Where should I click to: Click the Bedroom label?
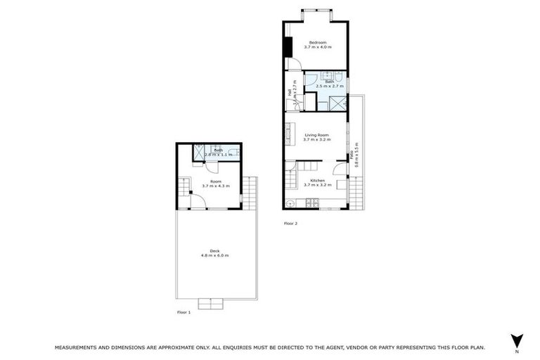[318, 42]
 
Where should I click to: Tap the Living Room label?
[316, 135]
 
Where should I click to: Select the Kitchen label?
[316, 181]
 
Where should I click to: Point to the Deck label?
[214, 250]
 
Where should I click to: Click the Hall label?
[289, 92]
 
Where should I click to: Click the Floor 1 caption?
[184, 311]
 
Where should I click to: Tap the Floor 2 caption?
[290, 223]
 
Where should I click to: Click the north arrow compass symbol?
[517, 339]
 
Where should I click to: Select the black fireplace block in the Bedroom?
[288, 47]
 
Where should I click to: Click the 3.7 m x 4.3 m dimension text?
[214, 186]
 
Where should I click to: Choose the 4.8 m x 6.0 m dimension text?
[214, 255]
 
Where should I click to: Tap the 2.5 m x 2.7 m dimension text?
[330, 86]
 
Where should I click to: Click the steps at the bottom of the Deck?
[210, 303]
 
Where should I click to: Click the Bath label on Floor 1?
[218, 150]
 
